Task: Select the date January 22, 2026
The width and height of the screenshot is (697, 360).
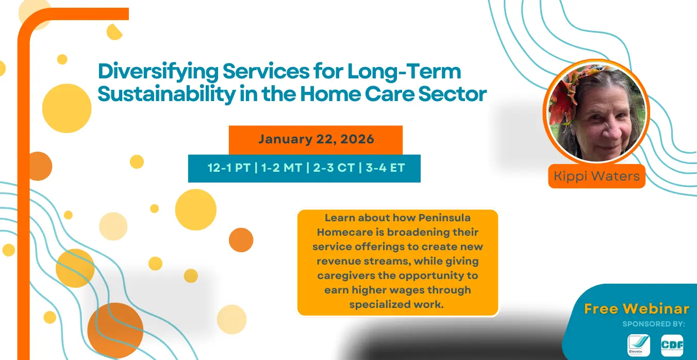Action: (x=316, y=139)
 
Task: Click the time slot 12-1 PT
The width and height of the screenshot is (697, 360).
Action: (x=229, y=168)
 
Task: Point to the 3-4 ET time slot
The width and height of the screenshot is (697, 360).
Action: (x=385, y=168)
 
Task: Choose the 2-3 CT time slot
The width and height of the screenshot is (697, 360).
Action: (x=334, y=168)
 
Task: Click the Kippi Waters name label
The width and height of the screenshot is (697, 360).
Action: (x=597, y=176)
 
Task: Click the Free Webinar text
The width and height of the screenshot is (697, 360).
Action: (x=637, y=309)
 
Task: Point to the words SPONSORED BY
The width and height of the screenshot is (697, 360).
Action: (x=654, y=324)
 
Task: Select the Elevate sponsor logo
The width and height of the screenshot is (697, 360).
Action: (x=639, y=345)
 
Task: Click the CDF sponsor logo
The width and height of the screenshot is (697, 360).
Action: (x=672, y=345)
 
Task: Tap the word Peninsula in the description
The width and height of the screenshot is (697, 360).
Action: (x=444, y=218)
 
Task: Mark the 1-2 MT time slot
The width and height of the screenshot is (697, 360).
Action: (x=281, y=168)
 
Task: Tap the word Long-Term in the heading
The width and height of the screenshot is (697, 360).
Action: (x=404, y=72)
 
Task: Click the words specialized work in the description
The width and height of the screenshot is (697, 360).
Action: (x=396, y=304)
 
